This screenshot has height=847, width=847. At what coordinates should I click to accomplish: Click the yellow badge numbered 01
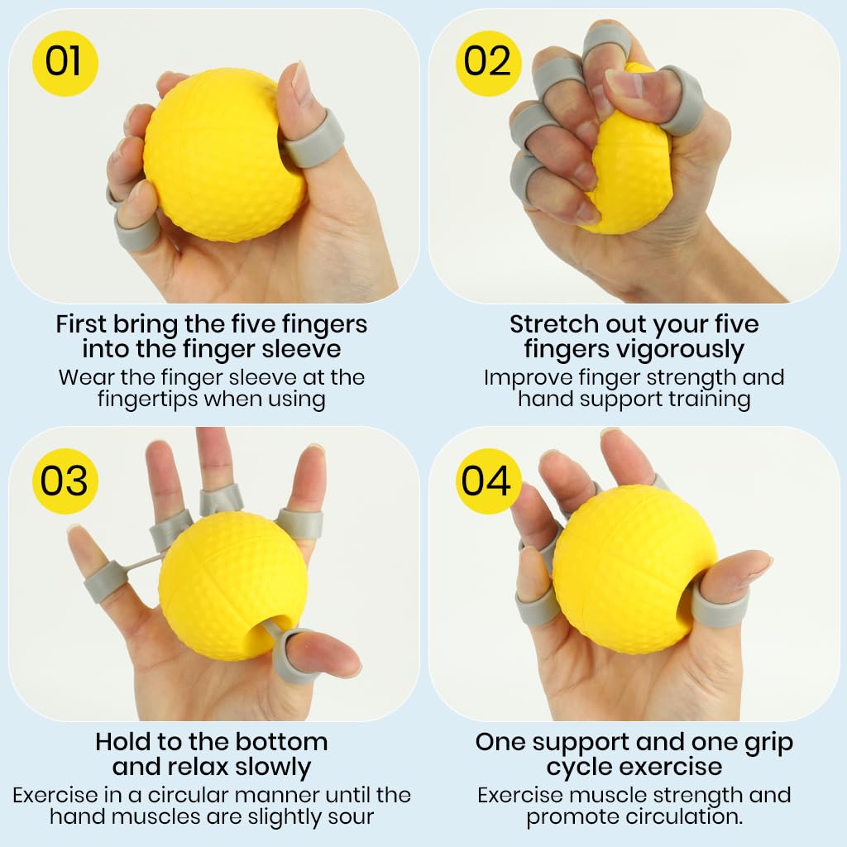click(65, 63)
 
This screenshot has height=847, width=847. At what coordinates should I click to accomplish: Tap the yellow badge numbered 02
click(489, 63)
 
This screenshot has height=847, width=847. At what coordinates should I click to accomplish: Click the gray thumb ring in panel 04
click(718, 607)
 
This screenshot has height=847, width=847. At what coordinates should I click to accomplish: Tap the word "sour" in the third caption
click(351, 817)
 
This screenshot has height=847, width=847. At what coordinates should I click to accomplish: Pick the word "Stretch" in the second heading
click(553, 323)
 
